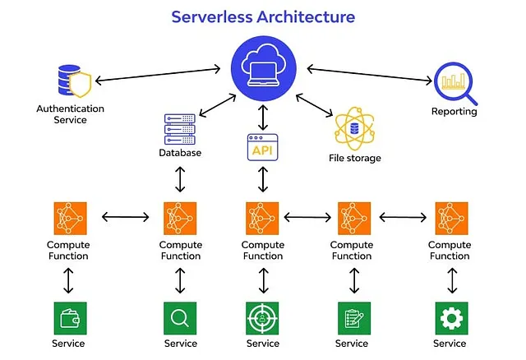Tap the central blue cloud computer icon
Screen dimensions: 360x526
262,70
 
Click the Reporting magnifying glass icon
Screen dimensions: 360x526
454,81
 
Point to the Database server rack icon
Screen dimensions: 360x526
180,128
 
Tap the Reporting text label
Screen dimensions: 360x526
454,111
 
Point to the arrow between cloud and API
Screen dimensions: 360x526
262,118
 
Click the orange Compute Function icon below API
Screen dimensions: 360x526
262,218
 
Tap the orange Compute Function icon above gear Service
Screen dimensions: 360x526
450,218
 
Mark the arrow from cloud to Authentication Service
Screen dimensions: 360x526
160,73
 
